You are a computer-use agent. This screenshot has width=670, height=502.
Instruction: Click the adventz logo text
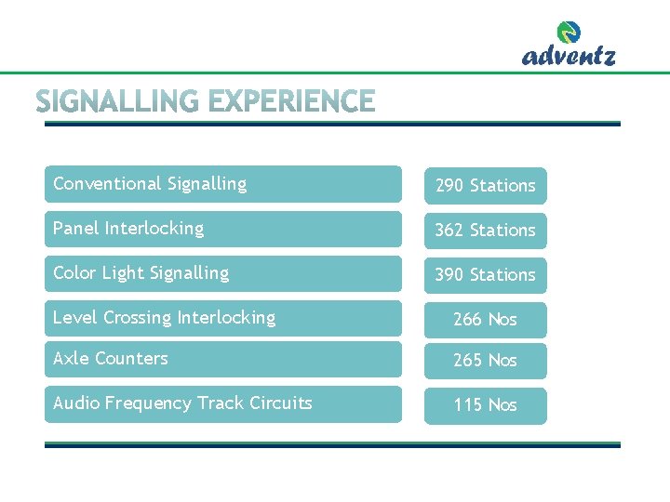(569, 56)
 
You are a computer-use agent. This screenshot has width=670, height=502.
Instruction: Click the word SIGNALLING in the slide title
(116, 101)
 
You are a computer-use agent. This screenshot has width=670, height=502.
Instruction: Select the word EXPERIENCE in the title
(291, 101)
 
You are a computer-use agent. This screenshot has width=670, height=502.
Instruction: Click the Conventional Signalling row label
(150, 184)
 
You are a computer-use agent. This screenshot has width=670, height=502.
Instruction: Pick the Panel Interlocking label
(128, 229)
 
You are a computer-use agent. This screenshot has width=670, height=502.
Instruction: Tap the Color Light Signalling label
(141, 273)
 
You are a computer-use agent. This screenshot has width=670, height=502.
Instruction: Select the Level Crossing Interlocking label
(164, 318)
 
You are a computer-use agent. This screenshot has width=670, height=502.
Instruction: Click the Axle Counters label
(111, 359)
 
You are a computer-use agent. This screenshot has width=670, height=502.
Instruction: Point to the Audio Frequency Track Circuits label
(182, 403)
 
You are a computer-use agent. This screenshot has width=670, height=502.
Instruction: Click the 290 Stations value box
(485, 186)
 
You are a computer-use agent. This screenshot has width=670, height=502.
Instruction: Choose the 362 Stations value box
(485, 231)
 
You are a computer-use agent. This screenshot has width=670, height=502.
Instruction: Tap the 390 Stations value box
(485, 275)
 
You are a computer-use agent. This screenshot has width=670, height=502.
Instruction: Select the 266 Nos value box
(485, 320)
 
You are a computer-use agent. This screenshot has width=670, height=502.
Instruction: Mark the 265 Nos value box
(485, 361)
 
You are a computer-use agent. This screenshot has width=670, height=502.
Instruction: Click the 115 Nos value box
(485, 405)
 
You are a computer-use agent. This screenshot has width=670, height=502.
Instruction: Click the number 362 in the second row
(449, 231)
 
